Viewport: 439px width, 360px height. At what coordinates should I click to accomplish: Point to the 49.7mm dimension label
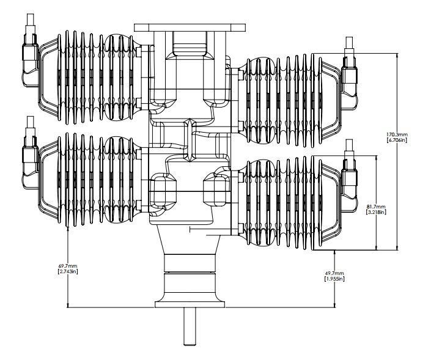[x=334, y=273]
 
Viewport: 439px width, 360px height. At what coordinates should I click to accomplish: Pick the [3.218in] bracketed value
[x=377, y=212]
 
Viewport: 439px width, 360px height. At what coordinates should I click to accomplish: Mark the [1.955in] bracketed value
[x=334, y=279]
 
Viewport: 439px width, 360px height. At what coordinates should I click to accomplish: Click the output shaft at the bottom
[x=190, y=326]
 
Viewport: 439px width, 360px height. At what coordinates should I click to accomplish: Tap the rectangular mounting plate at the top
[x=190, y=28]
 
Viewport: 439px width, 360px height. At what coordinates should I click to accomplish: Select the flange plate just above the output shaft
[x=190, y=304]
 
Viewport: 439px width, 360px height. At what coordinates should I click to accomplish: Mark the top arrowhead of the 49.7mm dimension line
[x=334, y=252]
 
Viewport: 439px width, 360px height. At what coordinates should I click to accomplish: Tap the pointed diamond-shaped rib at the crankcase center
[x=190, y=140]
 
